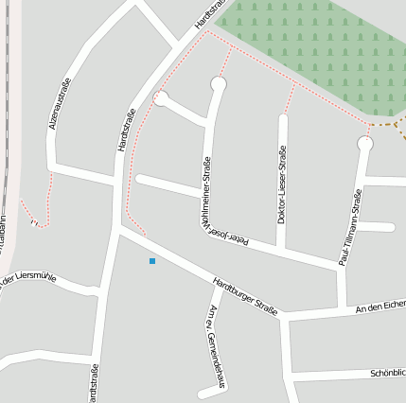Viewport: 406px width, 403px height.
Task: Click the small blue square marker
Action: click(151, 260)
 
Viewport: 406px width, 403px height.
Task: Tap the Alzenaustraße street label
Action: click(59, 105)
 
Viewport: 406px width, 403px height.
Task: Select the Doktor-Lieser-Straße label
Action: click(281, 184)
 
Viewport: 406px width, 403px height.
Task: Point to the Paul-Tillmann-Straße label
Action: click(351, 227)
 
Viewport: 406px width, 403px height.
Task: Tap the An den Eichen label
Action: click(380, 306)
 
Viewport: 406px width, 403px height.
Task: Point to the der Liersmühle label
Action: click(29, 278)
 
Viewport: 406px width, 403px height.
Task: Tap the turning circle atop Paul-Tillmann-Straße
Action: click(365, 144)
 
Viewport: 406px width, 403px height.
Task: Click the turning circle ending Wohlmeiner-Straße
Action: click(219, 84)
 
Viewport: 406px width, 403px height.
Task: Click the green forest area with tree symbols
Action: click(312, 43)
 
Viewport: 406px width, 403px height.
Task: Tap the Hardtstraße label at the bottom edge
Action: click(93, 383)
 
